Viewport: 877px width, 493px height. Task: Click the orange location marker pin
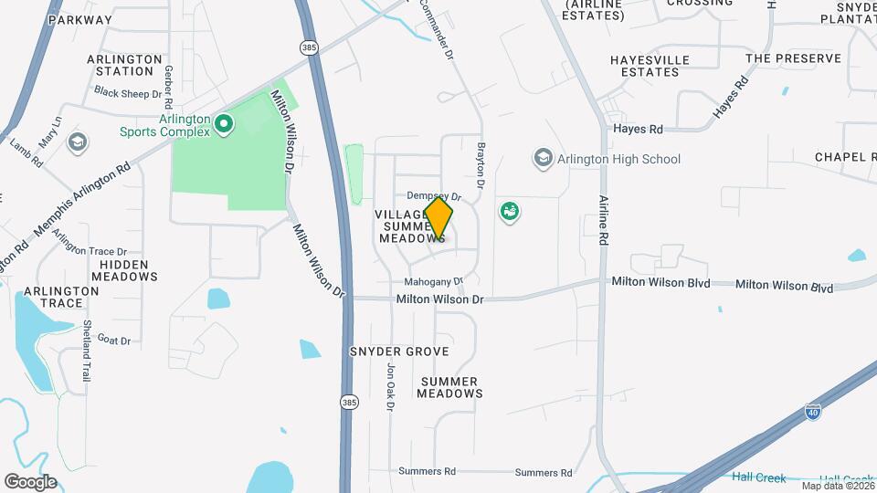438,219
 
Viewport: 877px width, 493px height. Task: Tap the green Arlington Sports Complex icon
223,121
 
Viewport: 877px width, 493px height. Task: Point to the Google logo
30,482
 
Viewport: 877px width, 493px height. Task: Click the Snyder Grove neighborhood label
399,351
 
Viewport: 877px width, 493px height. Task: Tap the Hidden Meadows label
123,269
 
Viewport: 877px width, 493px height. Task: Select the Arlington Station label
120,65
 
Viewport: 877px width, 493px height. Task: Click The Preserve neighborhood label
792,58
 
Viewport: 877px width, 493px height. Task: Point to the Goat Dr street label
114,341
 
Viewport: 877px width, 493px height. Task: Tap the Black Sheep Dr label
128,92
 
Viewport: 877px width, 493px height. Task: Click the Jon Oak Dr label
390,387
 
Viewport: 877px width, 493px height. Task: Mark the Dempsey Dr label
433,195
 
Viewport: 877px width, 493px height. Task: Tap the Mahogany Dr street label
434,282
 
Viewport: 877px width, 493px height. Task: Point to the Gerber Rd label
169,80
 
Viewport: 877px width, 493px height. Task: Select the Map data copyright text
836,485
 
